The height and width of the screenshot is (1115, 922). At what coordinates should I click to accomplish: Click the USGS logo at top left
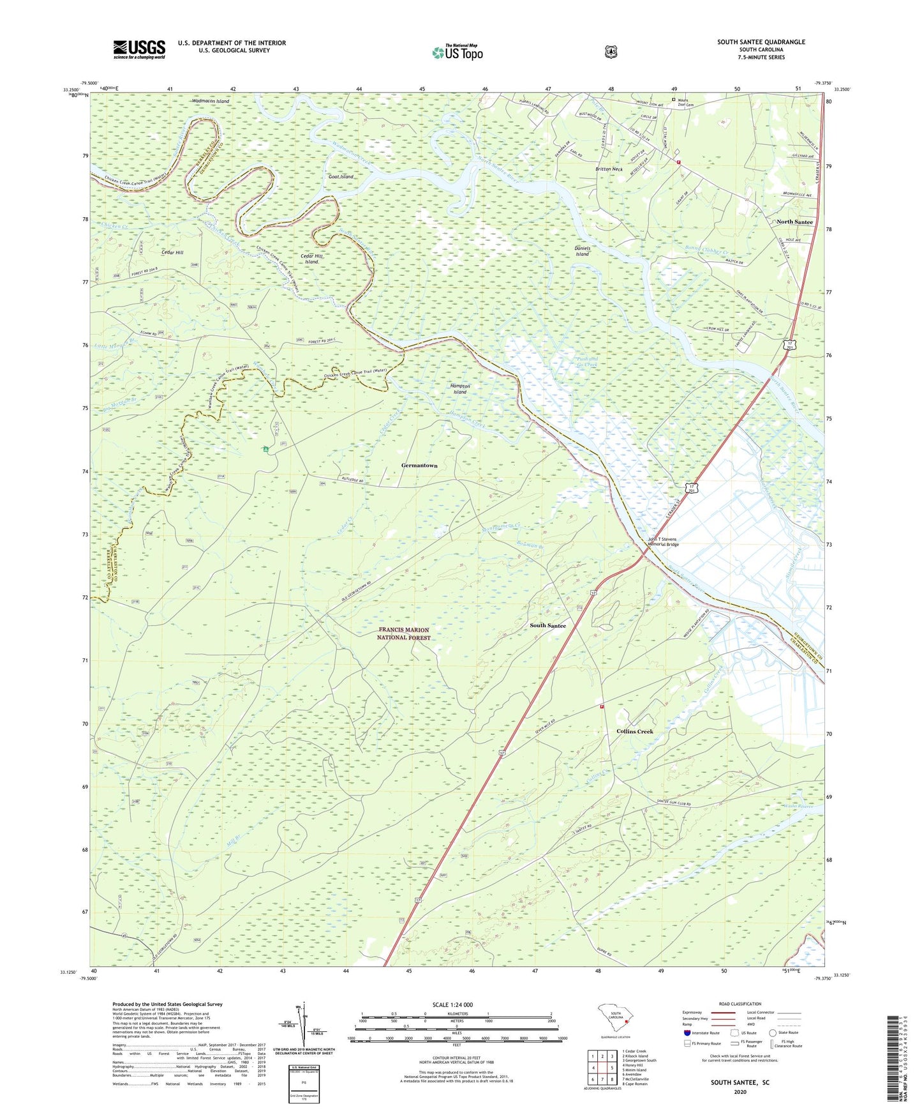click(x=139, y=49)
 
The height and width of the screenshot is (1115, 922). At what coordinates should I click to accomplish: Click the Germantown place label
click(x=419, y=466)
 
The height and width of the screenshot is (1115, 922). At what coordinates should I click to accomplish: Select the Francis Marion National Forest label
click(x=403, y=633)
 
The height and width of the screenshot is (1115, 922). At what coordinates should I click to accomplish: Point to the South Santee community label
click(x=547, y=625)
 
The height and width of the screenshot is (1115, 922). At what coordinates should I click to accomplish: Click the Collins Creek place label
click(x=634, y=731)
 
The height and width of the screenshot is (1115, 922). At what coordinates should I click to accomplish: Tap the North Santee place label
click(x=794, y=222)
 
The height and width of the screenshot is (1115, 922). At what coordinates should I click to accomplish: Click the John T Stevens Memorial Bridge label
click(x=664, y=542)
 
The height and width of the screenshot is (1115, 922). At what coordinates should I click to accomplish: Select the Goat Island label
click(x=341, y=176)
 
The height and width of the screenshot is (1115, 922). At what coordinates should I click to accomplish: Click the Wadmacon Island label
click(x=211, y=101)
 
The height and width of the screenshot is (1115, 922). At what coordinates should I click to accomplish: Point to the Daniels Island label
click(x=582, y=251)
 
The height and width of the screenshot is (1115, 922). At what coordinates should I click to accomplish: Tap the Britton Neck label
click(x=608, y=169)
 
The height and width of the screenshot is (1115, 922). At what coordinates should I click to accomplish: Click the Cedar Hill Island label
click(x=311, y=259)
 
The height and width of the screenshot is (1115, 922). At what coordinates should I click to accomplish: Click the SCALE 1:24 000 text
click(x=452, y=1005)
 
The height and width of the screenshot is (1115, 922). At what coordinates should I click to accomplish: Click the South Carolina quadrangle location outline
click(x=614, y=1017)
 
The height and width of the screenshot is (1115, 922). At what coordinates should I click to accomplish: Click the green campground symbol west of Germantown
click(x=265, y=450)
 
